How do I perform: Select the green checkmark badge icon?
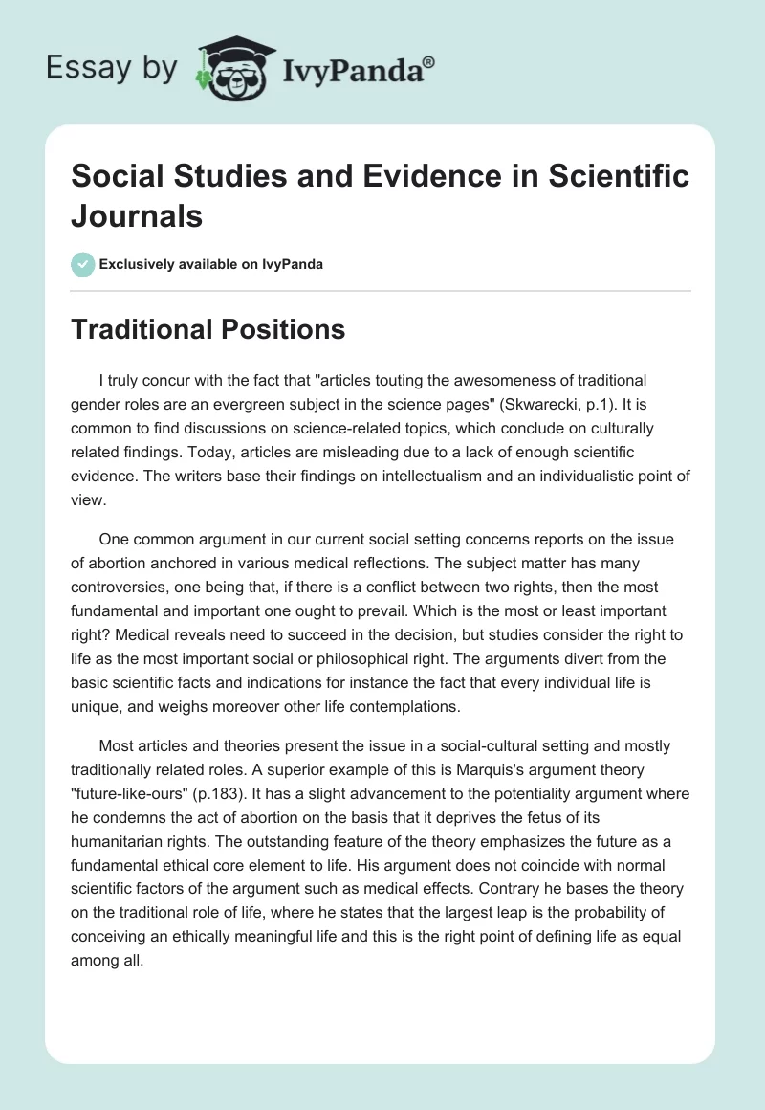pyautogui.click(x=83, y=264)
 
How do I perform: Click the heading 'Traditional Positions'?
pyautogui.click(x=208, y=329)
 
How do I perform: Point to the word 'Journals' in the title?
pyautogui.click(x=138, y=216)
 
